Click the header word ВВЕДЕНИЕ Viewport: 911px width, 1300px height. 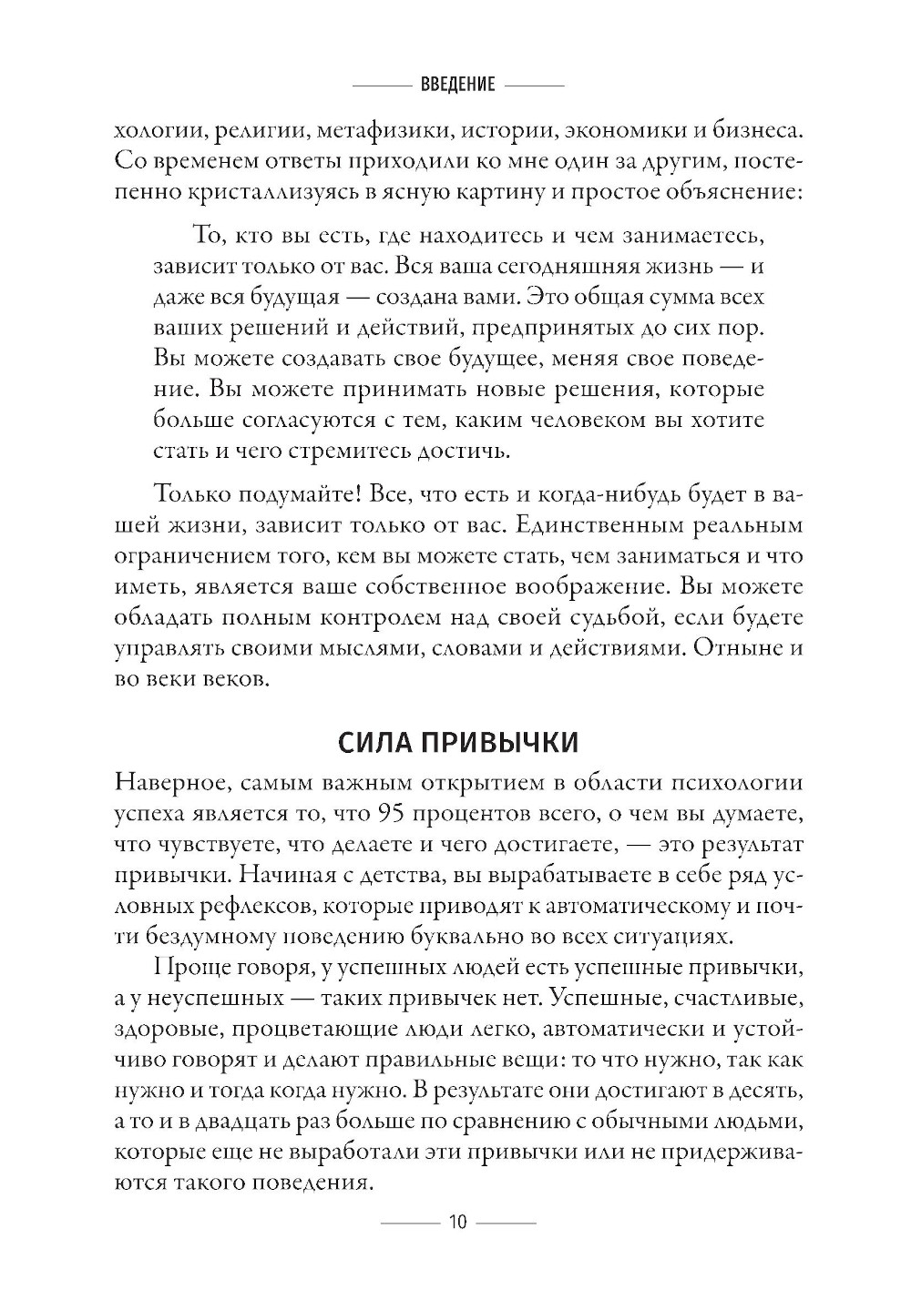click(x=458, y=85)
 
